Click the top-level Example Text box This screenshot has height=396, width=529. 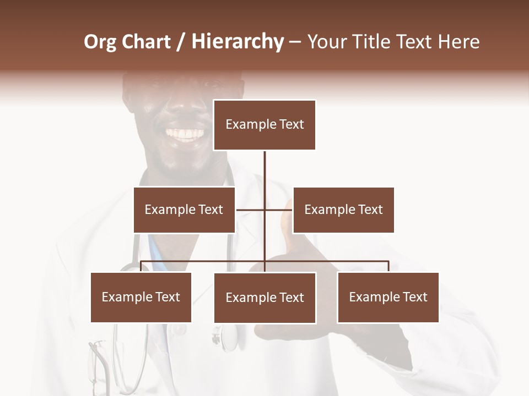click(264, 125)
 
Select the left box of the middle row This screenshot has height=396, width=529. click(184, 210)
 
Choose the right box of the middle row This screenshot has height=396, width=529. click(343, 210)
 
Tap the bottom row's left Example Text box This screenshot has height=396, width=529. click(141, 297)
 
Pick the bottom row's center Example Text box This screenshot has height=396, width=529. click(264, 298)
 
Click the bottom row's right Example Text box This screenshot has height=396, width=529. click(388, 297)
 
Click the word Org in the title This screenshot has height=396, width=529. click(100, 42)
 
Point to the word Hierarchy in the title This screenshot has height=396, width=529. click(237, 42)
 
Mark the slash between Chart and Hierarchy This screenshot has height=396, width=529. click(180, 42)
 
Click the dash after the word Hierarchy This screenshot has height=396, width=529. click(295, 42)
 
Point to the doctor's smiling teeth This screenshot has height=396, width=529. click(185, 134)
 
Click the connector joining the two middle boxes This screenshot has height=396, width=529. click(251, 210)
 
